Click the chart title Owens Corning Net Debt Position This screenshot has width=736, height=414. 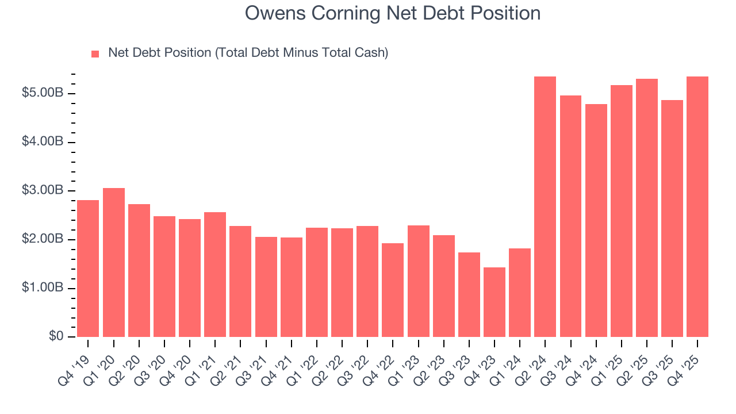393,13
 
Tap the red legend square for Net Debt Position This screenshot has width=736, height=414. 95,53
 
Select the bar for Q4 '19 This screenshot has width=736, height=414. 88,269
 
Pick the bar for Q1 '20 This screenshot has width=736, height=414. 113,262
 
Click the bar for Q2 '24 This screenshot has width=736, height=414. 545,206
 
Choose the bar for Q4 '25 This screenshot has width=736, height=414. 697,206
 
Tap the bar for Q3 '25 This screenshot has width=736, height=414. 672,218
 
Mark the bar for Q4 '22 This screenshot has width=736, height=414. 393,290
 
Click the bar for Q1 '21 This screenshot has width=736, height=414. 215,274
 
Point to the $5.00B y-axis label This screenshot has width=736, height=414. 43,93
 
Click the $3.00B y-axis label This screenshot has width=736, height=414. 43,190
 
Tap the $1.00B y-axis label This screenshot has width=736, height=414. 43,287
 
